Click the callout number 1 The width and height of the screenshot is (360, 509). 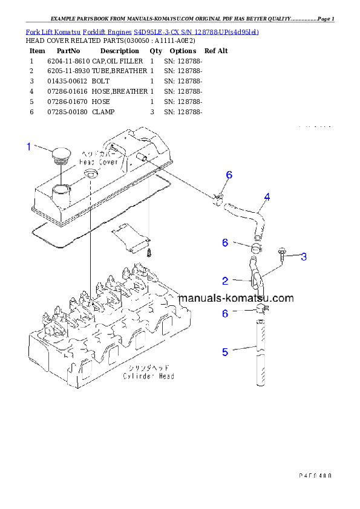28,146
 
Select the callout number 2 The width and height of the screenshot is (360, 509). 225,280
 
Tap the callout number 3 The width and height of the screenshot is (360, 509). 304,257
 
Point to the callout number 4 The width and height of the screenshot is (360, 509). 267,197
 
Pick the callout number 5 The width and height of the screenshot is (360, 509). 225,351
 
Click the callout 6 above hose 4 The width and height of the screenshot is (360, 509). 229,175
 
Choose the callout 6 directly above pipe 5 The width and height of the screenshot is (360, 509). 225,313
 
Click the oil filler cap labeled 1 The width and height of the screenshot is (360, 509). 61,156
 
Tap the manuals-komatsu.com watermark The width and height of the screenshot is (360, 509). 236,298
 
